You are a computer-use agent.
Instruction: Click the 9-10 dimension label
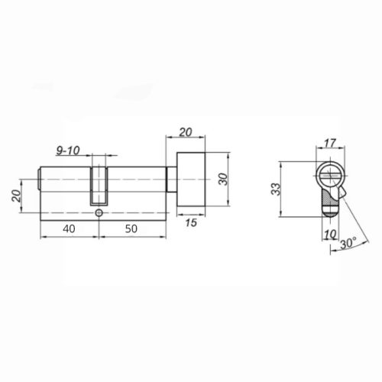(x=70, y=151)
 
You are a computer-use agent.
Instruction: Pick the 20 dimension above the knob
(x=184, y=131)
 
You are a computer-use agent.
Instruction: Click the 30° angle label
(x=348, y=243)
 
